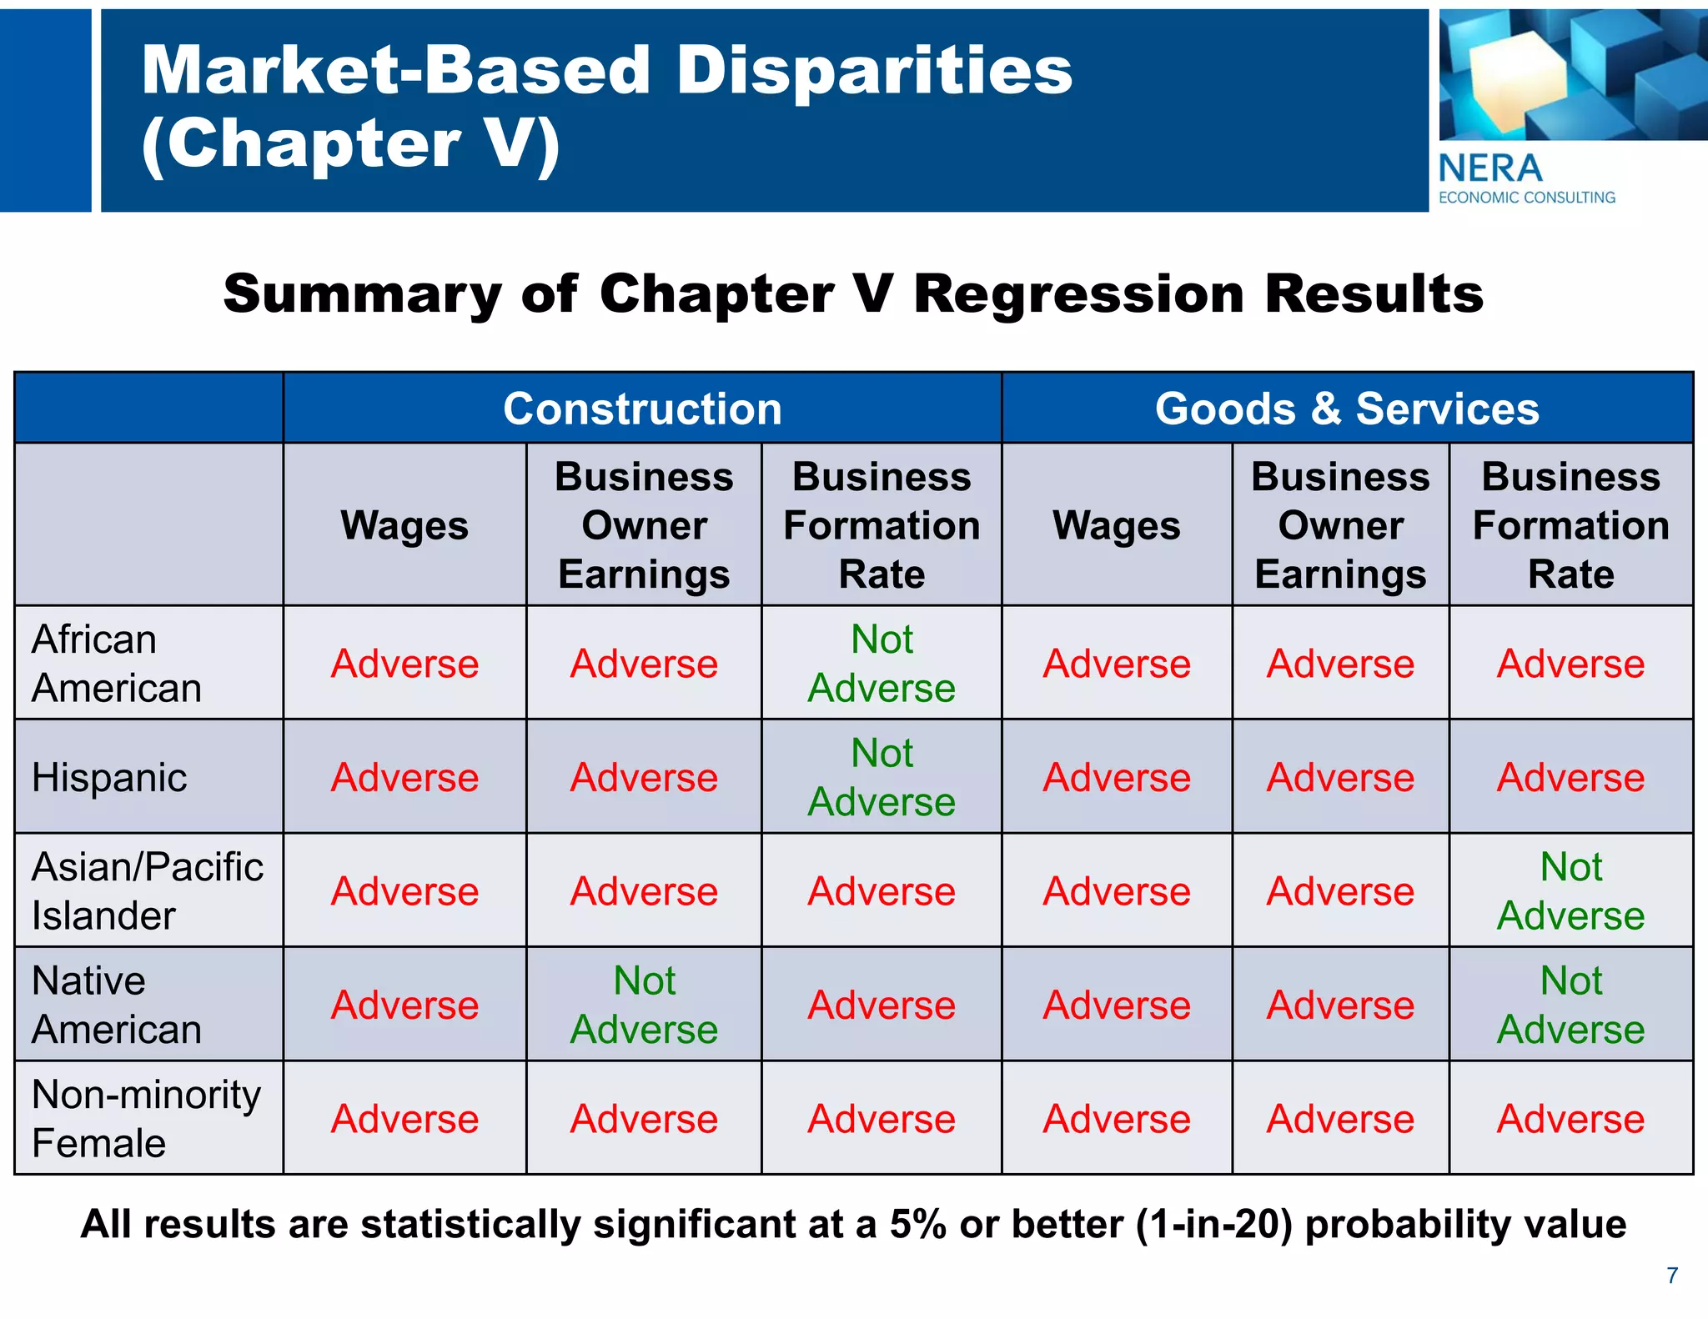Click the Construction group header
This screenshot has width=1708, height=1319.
point(642,409)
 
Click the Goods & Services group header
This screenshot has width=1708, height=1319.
point(1346,409)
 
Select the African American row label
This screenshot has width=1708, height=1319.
point(117,664)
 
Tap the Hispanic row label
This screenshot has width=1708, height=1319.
point(109,778)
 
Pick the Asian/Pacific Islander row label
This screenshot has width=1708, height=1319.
point(147,891)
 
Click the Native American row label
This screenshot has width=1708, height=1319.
point(117,1005)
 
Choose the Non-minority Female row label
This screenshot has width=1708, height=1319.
point(146,1118)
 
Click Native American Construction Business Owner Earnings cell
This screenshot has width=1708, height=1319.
point(644,1005)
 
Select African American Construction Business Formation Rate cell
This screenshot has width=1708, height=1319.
point(882,664)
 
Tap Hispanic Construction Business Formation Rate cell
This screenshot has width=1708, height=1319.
point(882,778)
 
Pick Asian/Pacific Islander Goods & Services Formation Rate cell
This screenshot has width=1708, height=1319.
point(1570,891)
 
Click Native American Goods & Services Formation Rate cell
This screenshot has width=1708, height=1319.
point(1570,1005)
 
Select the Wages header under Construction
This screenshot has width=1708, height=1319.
point(404,526)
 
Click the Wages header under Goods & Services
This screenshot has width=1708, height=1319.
point(1116,526)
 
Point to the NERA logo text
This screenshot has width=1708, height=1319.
point(1490,169)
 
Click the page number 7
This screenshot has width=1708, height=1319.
point(1672,1276)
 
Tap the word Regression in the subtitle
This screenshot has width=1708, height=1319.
point(1078,295)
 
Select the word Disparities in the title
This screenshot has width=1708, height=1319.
point(874,70)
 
